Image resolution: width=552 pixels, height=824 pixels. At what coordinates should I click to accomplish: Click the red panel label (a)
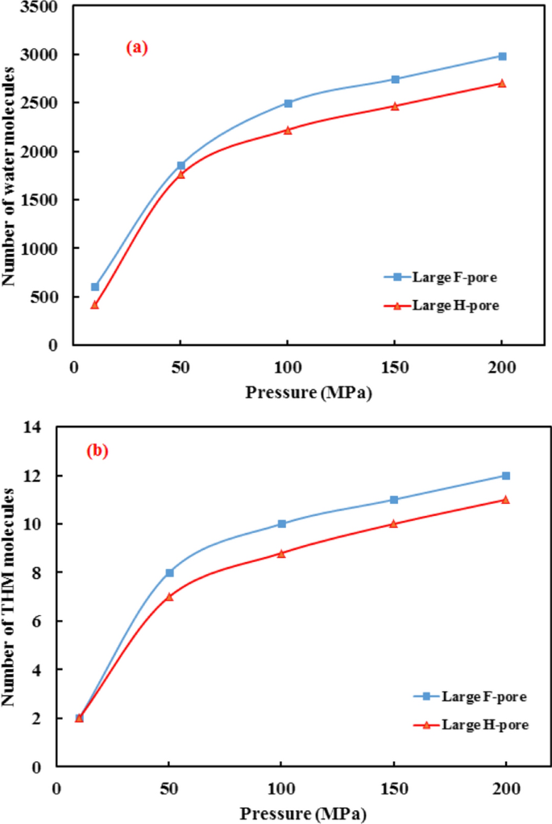tap(136, 48)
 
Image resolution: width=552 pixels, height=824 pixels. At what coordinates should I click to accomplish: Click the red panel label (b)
tap(97, 451)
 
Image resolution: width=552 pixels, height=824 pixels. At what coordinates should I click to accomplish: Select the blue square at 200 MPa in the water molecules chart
tap(502, 56)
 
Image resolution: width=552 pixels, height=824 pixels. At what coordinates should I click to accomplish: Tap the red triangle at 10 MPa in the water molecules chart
tap(94, 305)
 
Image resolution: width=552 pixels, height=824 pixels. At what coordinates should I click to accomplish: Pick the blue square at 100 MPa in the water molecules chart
tap(288, 103)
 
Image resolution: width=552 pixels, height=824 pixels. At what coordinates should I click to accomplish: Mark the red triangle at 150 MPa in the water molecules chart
tap(395, 106)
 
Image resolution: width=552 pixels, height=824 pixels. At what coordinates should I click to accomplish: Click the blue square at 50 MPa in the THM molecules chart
tap(169, 572)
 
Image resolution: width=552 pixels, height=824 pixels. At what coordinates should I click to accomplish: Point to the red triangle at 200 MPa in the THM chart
tap(505, 500)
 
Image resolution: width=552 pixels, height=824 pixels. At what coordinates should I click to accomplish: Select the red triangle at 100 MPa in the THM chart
tap(281, 553)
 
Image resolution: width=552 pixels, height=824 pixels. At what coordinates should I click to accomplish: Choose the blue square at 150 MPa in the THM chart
tap(393, 500)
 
